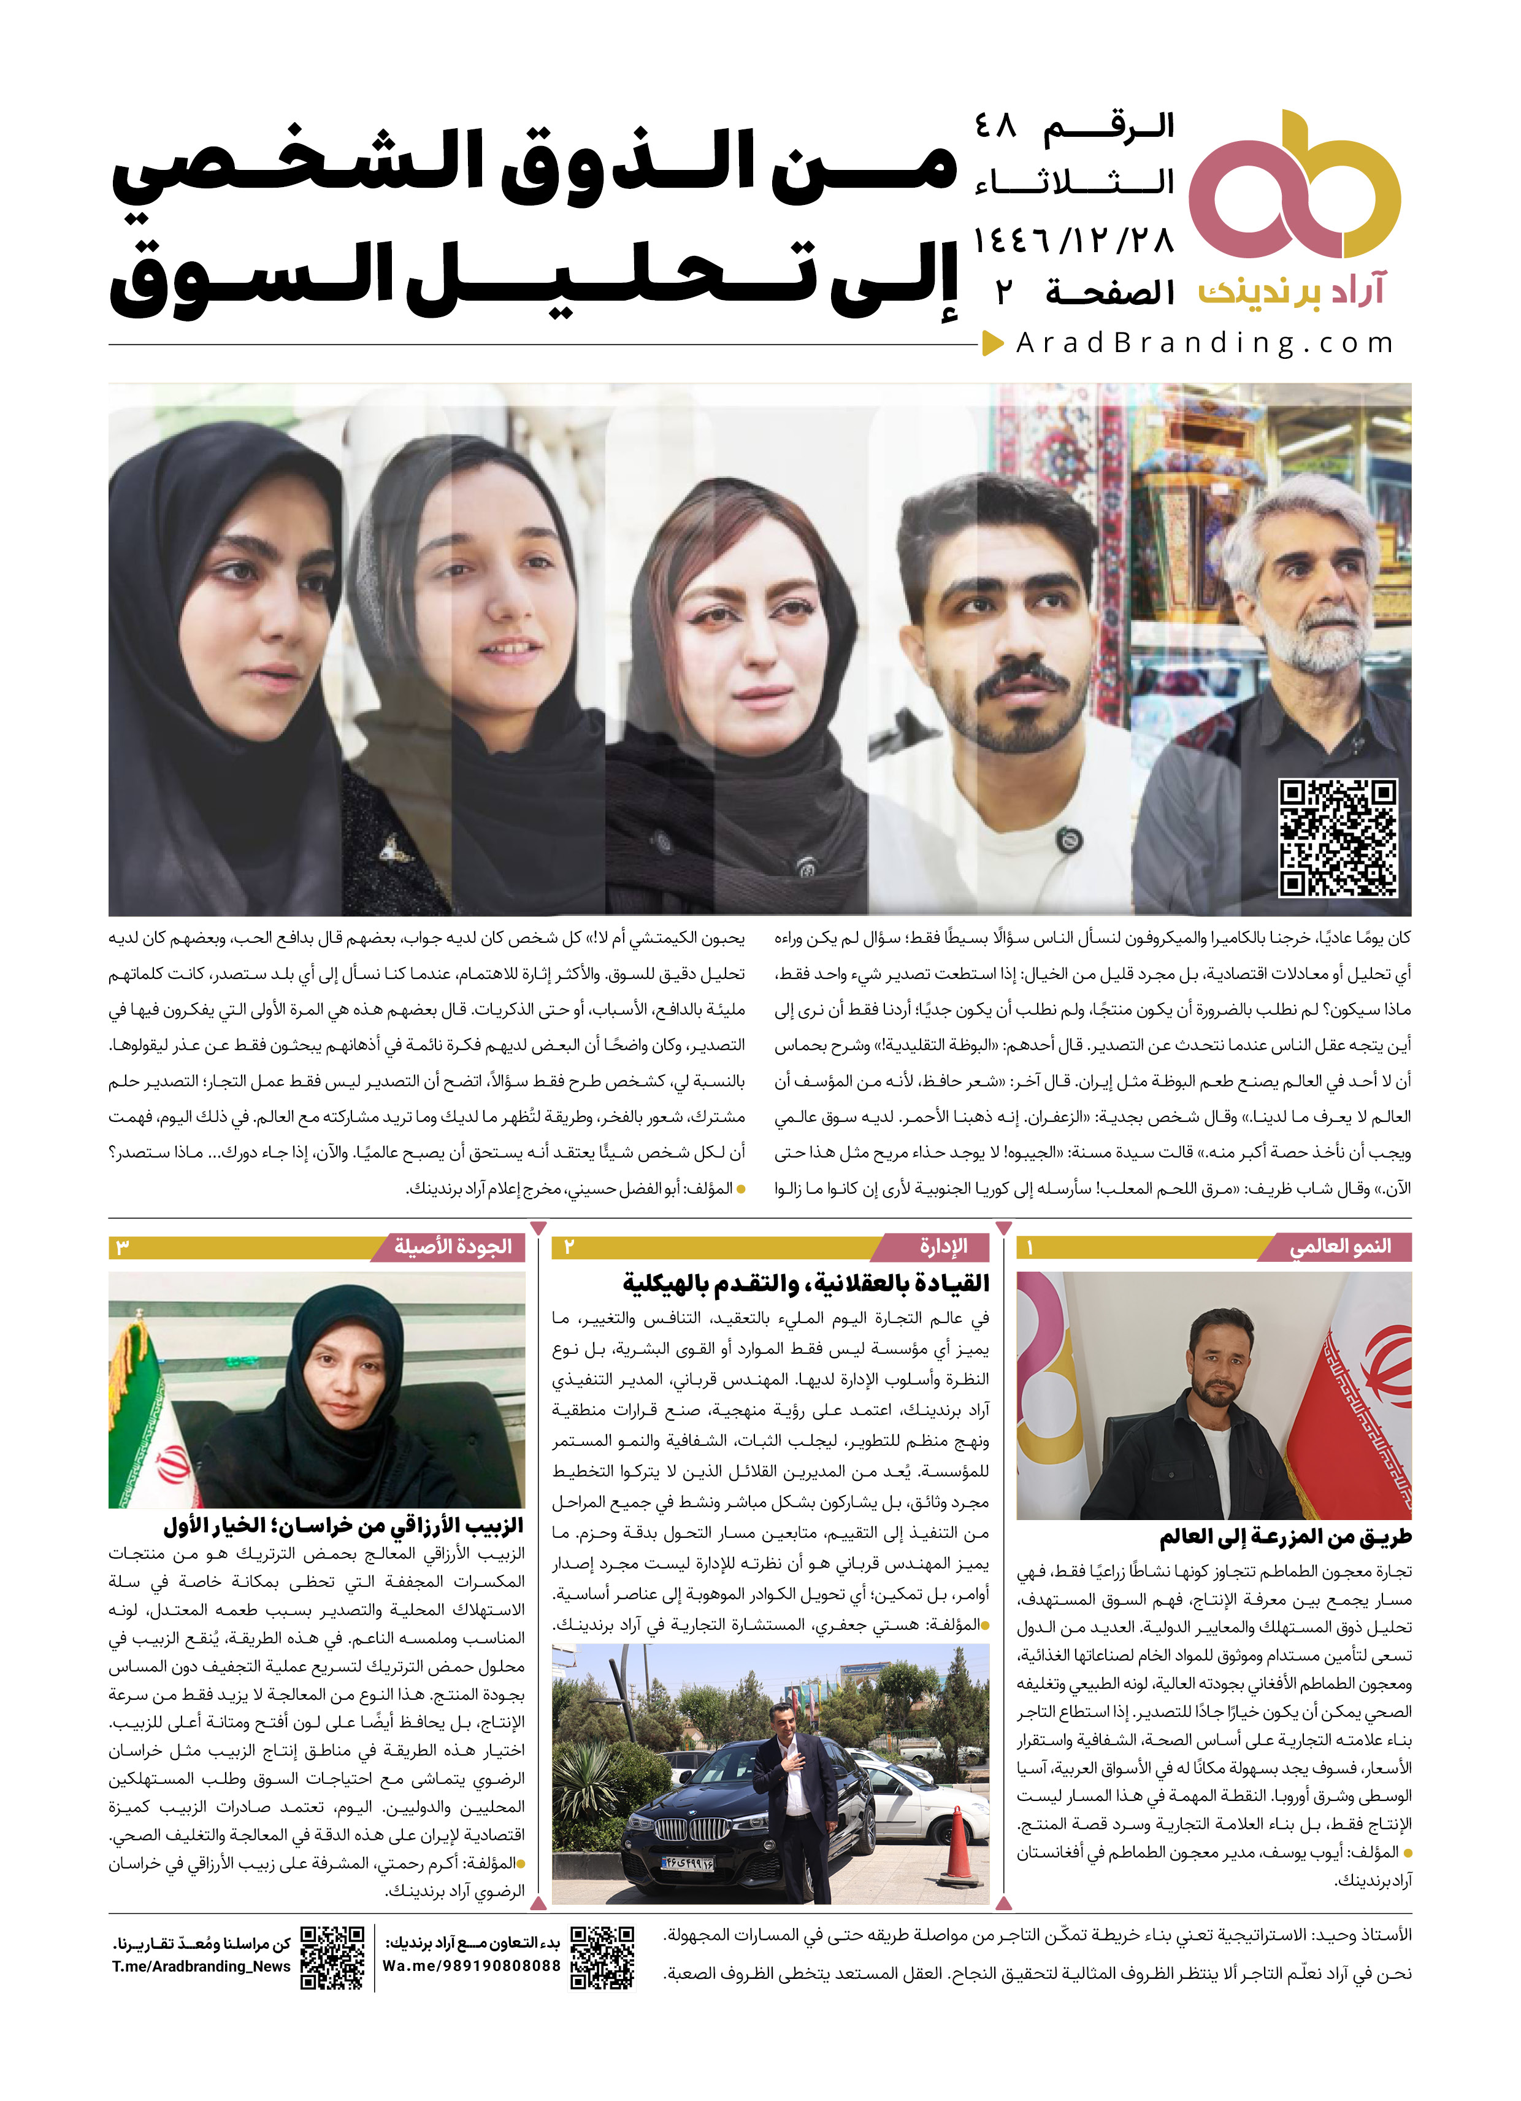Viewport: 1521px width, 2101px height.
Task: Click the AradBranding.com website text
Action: pos(1204,344)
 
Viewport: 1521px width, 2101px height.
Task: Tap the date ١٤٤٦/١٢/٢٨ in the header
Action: pos(1073,242)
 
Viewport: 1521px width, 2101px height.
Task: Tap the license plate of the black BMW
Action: pos(688,1862)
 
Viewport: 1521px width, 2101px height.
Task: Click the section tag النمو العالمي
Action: pos(1339,1247)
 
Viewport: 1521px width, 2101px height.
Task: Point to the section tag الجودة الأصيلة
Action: pos(453,1247)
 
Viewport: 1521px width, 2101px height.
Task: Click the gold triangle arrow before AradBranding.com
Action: pos(993,344)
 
